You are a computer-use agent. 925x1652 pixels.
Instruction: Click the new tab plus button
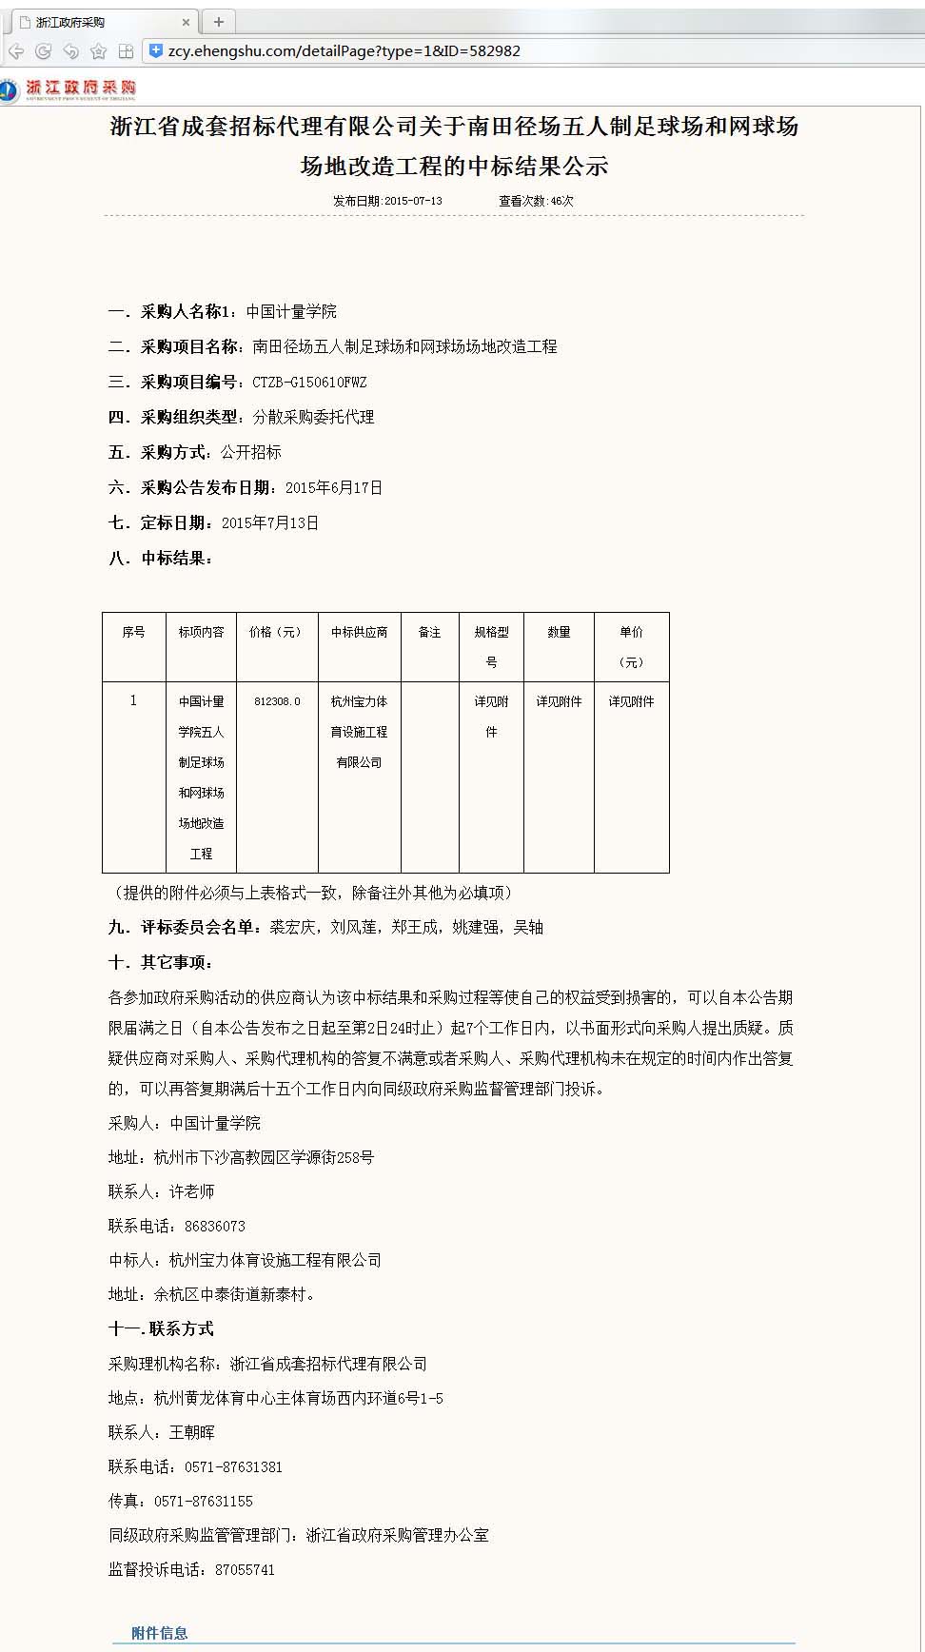[219, 22]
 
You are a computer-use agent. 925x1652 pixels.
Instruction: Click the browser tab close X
[186, 22]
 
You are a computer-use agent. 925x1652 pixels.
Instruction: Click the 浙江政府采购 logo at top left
[69, 89]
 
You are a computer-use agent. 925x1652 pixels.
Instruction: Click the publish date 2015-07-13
[412, 201]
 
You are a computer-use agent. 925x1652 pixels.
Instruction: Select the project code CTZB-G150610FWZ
[309, 383]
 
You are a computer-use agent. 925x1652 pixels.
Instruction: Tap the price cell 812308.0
[277, 701]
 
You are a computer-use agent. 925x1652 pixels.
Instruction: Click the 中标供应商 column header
[359, 632]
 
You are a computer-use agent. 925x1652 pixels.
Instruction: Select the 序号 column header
[133, 632]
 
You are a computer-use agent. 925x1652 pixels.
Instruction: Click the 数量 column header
[559, 632]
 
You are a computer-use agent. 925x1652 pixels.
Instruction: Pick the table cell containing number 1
[133, 701]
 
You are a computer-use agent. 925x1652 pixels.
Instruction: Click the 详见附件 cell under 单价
[631, 701]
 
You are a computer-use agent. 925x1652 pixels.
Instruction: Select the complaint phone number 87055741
[245, 1570]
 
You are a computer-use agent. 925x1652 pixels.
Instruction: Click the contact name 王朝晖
[192, 1433]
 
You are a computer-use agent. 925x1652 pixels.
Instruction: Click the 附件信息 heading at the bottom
[160, 1633]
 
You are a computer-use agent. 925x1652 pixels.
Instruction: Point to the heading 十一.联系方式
[161, 1329]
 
